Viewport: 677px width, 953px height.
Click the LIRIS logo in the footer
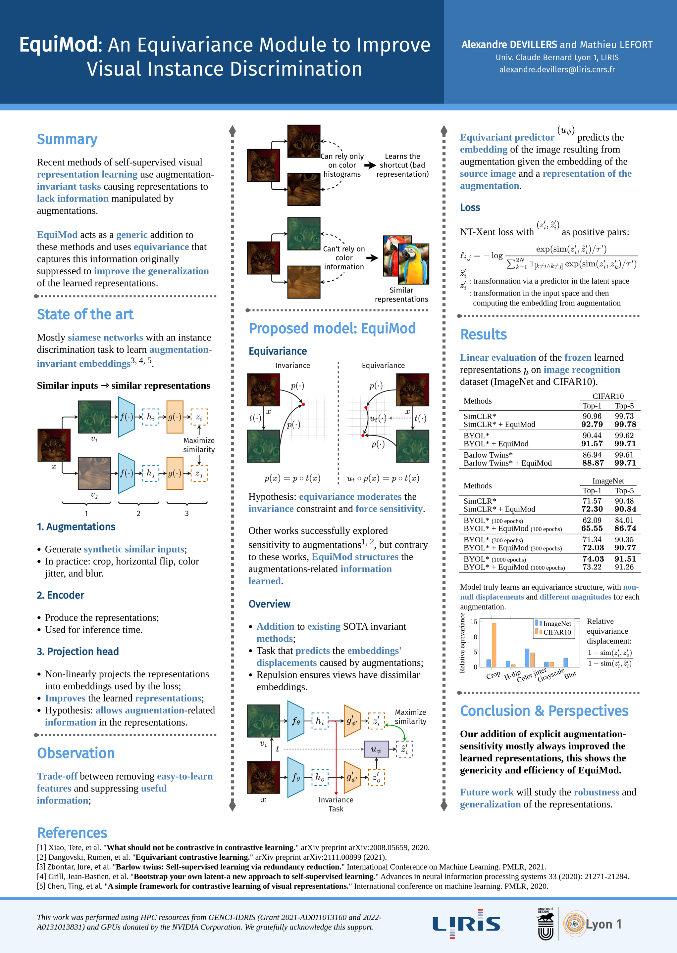coord(466,924)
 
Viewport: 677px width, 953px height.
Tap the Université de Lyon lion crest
coord(546,924)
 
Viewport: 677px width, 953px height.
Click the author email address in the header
coord(557,69)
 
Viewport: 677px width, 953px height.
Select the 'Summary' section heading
coord(67,139)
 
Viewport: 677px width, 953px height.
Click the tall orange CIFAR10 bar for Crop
coord(494,645)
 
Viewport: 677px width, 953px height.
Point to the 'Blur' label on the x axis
coord(570,675)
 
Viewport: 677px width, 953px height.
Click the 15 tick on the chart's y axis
coord(474,622)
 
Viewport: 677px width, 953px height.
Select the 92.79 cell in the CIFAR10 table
coord(592,425)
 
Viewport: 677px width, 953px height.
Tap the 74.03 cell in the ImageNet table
coord(593,559)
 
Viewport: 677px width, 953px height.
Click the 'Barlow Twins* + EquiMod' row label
coord(507,463)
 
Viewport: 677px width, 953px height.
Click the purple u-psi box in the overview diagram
coord(376,749)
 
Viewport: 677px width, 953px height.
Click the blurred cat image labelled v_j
coord(94,473)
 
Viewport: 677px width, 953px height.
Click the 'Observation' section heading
coord(76,753)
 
